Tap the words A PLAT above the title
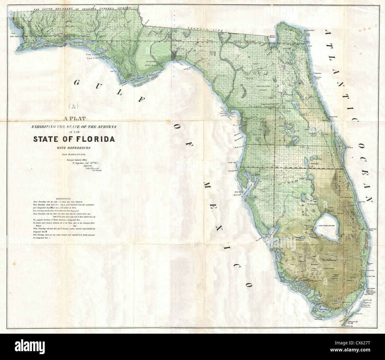tap(74, 119)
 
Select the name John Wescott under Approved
tap(93, 168)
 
